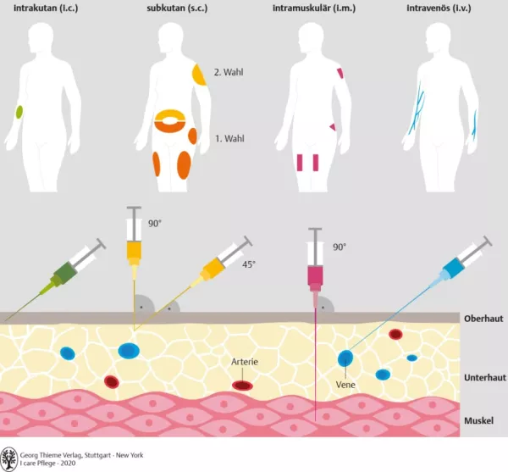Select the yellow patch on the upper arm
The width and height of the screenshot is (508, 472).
click(199, 75)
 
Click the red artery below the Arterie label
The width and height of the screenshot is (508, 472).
click(243, 386)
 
